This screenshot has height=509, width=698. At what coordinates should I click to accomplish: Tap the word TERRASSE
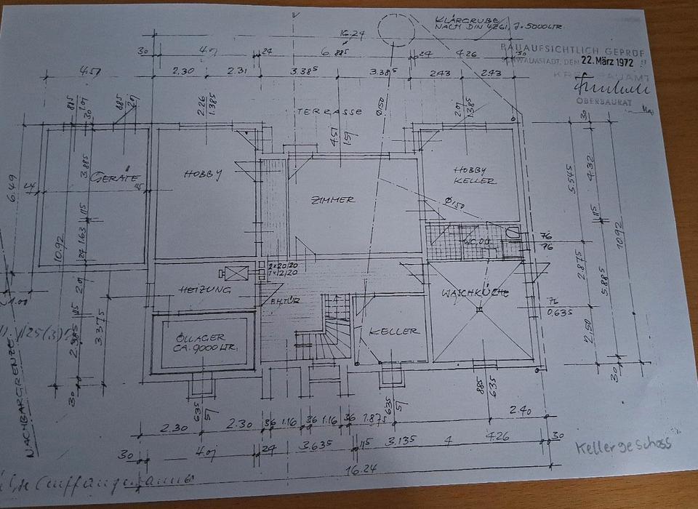click(x=329, y=113)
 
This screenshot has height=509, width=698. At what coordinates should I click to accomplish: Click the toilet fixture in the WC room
click(x=514, y=234)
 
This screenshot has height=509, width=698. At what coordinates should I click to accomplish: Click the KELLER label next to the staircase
click(x=394, y=331)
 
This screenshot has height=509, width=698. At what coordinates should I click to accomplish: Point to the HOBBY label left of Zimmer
click(x=202, y=173)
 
